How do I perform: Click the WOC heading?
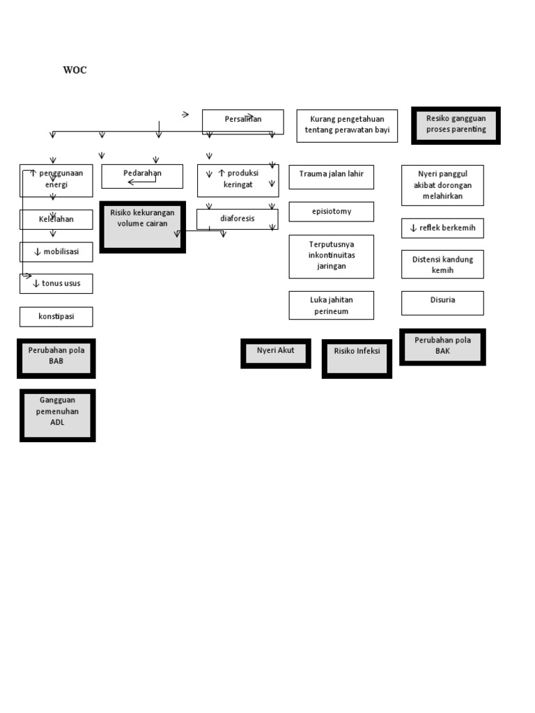75,70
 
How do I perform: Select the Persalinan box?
243,121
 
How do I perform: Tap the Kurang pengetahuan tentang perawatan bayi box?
347,125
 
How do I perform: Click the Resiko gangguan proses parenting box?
456,125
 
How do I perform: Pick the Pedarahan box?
142,175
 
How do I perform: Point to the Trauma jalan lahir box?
331,177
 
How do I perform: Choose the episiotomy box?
331,212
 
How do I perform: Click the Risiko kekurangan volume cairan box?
142,227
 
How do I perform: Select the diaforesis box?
238,219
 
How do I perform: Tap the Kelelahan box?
56,219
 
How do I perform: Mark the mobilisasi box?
56,252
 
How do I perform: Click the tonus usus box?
56,283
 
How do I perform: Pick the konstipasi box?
56,317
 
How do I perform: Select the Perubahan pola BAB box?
56,358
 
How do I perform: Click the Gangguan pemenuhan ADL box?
57,415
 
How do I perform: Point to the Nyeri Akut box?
275,353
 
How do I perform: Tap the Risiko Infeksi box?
357,359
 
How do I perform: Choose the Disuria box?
442,303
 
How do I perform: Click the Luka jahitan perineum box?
331,305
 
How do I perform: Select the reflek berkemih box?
442,228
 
